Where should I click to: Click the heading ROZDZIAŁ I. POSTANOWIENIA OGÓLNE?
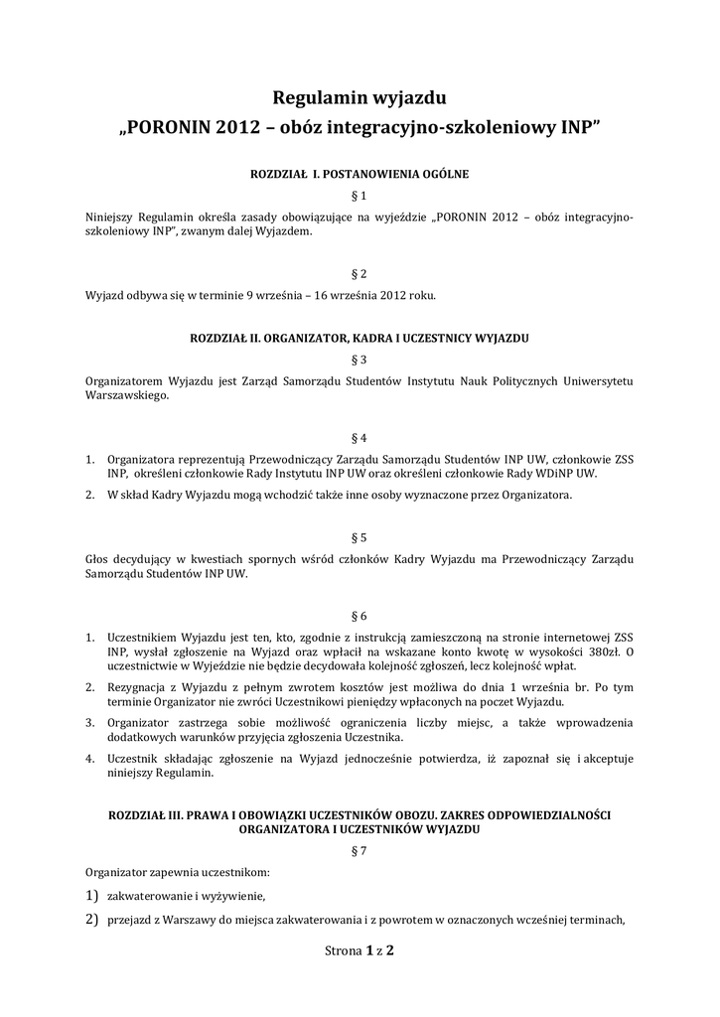(x=359, y=174)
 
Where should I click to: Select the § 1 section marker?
(x=360, y=195)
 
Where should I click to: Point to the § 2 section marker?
(x=360, y=273)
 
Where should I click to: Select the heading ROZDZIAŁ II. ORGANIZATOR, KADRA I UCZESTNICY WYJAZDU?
(x=359, y=339)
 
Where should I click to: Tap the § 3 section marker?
(x=360, y=360)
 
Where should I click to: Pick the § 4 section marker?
(x=360, y=437)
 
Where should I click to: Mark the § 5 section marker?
(x=360, y=537)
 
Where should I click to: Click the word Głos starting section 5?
(x=101, y=560)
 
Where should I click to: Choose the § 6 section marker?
(x=360, y=616)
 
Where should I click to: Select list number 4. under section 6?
(x=89, y=759)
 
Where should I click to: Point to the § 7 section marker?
(x=360, y=851)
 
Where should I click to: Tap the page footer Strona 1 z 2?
(x=360, y=950)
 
